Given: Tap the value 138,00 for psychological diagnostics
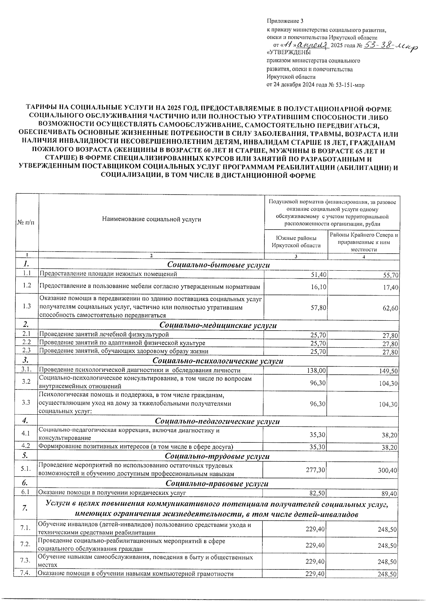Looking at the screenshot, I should [x=316, y=370].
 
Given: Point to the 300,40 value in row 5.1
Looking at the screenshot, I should [x=388, y=470].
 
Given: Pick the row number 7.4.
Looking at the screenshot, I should [x=25, y=574].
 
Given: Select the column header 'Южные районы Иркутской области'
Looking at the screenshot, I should [x=296, y=242].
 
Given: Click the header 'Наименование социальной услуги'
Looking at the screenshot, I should [x=151, y=219].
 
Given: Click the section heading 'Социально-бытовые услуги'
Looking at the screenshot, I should [x=218, y=265].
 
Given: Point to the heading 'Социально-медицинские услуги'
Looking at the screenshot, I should [x=218, y=325].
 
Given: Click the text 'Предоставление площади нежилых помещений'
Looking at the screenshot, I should [x=108, y=274].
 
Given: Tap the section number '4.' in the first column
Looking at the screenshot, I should [x=25, y=421].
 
